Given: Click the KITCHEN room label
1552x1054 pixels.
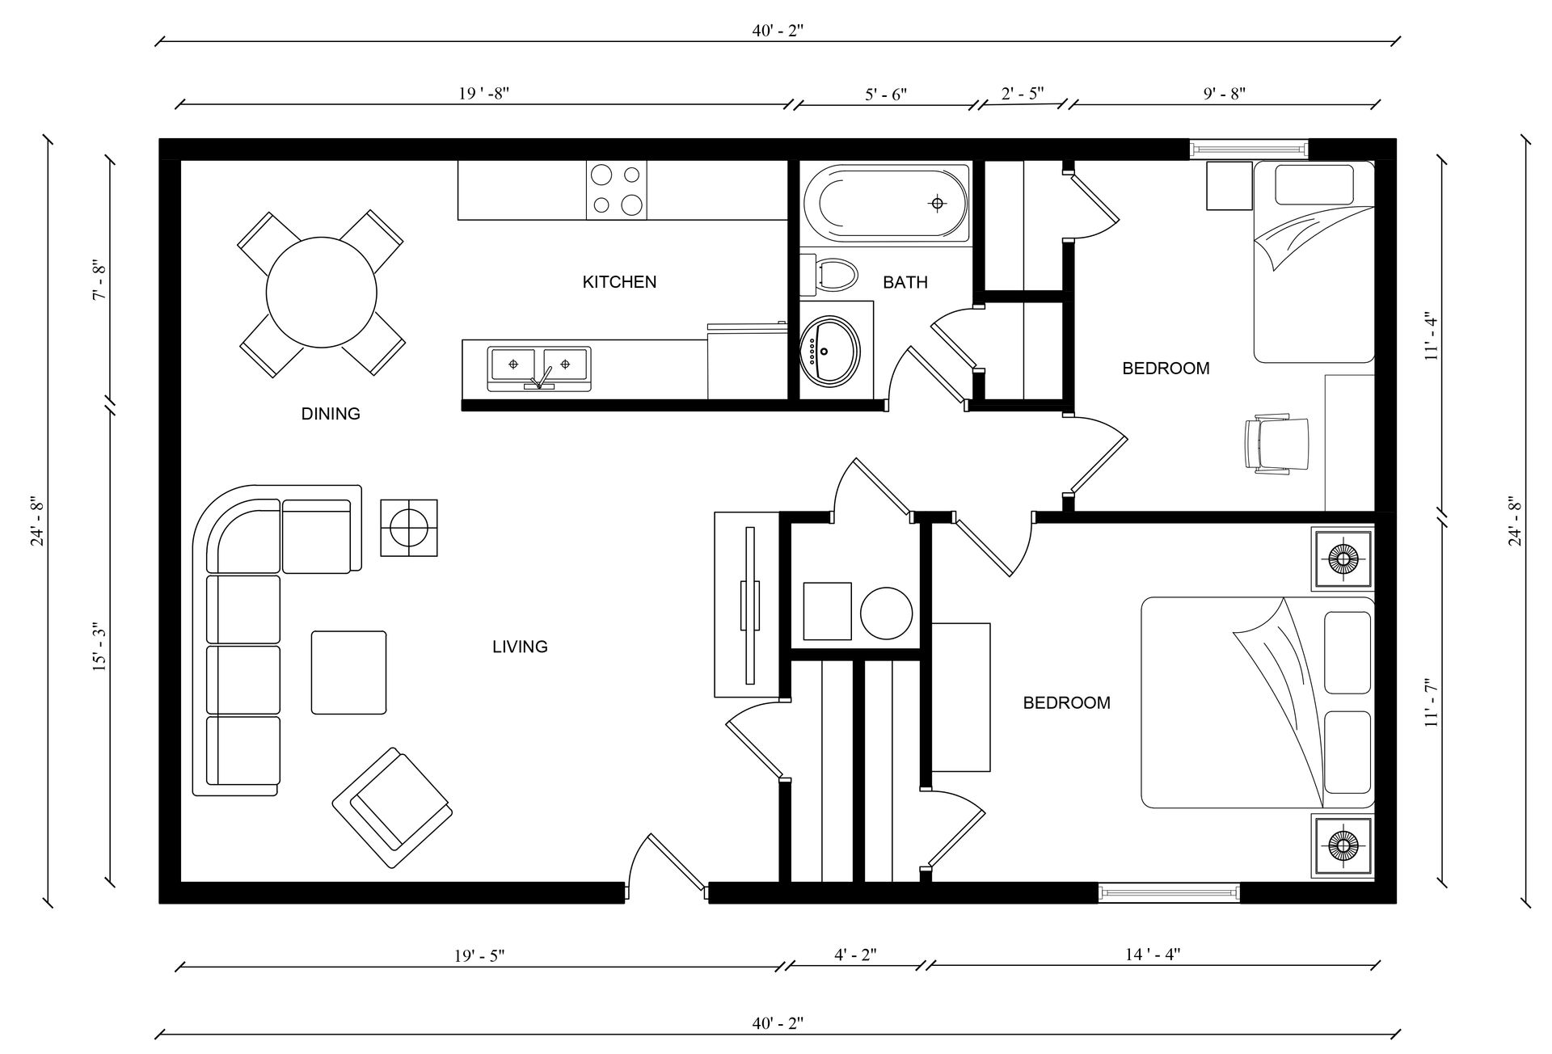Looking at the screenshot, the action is pos(619,282).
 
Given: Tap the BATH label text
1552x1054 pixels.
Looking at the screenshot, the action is pos(905,282).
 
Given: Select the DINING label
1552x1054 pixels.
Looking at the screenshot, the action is pos(331,414).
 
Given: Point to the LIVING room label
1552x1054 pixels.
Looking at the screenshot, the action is pos(520,647).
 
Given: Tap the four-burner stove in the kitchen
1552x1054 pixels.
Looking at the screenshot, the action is pos(616,190).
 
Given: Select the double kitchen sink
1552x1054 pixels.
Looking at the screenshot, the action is pos(539,369).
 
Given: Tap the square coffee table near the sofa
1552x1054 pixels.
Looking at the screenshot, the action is pos(348,672).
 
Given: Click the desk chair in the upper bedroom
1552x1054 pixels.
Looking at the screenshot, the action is pos(1276,444).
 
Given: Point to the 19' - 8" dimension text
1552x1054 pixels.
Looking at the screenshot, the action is pos(483,93).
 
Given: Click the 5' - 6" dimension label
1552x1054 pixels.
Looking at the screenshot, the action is pos(886,94).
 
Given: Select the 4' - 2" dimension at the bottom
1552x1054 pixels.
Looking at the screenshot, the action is pos(855,955).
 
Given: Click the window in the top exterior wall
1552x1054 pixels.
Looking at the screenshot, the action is pos(1249,150).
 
